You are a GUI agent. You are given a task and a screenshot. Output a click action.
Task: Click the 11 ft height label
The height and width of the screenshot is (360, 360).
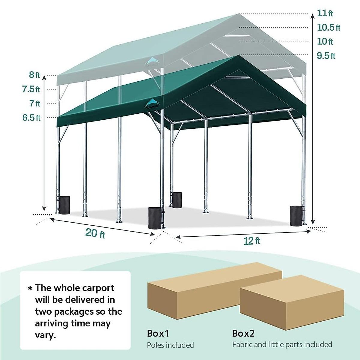click(325, 13)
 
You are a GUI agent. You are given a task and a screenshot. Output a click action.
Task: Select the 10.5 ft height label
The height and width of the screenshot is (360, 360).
click(328, 27)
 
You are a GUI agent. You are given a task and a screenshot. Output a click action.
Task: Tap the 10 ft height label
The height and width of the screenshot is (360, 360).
click(325, 41)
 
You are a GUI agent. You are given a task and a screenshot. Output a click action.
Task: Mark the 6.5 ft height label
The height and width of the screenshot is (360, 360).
click(31, 118)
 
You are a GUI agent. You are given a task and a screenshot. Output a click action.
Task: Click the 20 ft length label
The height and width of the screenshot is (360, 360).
click(95, 233)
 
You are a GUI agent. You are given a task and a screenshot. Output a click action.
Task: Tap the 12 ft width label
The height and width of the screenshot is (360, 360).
click(252, 241)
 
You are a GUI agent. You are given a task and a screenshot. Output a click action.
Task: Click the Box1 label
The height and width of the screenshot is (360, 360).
click(158, 333)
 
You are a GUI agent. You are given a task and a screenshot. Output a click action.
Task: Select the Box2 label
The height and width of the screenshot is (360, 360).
click(243, 333)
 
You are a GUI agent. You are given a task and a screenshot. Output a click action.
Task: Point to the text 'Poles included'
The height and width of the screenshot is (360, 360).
click(170, 345)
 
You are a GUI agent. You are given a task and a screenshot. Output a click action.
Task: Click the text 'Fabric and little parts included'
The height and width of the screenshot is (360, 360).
click(282, 344)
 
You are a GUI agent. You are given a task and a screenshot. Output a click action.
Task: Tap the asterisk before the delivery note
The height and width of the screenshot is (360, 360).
click(30, 289)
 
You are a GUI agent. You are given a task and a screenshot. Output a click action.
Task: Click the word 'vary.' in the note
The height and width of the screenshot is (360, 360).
click(45, 335)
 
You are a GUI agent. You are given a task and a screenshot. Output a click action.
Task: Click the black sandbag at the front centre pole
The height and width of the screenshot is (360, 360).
click(155, 217)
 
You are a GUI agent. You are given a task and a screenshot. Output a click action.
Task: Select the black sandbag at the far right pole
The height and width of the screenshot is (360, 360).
click(296, 216)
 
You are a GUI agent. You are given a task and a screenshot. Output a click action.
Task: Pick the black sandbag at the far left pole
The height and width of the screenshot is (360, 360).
click(64, 205)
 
